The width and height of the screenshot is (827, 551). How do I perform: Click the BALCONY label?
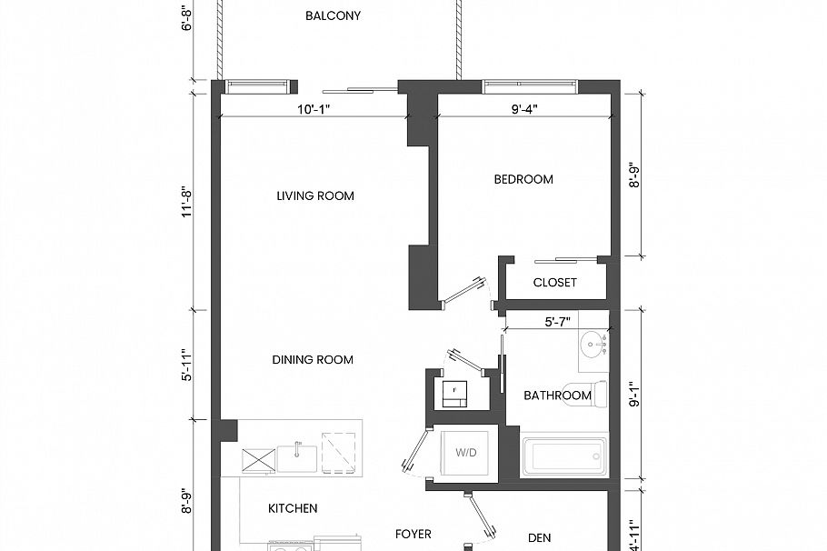click(333, 16)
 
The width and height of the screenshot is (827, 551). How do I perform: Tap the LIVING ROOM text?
click(315, 195)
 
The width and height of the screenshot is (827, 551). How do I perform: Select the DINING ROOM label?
click(313, 359)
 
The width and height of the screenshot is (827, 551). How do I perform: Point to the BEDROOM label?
click(523, 179)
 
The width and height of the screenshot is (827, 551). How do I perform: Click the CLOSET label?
click(554, 283)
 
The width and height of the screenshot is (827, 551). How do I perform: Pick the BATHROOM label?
click(557, 396)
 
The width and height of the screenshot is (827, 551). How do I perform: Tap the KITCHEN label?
click(293, 508)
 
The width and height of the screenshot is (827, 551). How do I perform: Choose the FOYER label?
click(413, 535)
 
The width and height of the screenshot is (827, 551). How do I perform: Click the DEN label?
click(540, 537)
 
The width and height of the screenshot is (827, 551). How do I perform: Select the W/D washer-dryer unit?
click(466, 452)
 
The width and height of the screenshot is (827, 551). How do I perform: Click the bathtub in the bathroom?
click(564, 456)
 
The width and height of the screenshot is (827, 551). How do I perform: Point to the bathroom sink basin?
click(594, 346)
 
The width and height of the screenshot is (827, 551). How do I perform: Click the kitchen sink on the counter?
click(296, 457)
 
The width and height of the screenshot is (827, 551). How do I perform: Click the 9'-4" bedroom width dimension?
click(524, 109)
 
